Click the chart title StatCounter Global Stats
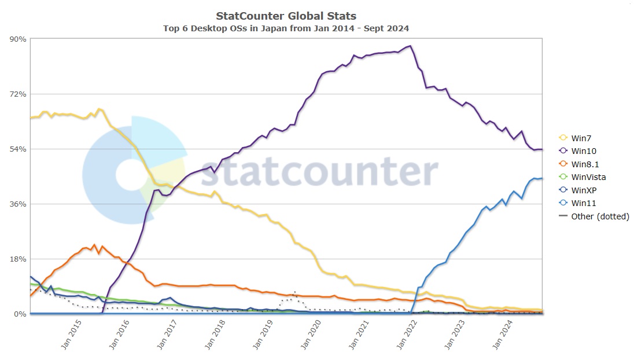click(x=286, y=16)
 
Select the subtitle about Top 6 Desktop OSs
click(x=286, y=28)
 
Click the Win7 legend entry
click(x=581, y=138)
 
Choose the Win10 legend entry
click(x=583, y=151)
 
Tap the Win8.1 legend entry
click(x=585, y=164)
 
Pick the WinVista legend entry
click(x=588, y=177)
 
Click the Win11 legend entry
click(x=583, y=203)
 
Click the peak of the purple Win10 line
click(x=410, y=46)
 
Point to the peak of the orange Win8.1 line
click(x=94, y=245)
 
